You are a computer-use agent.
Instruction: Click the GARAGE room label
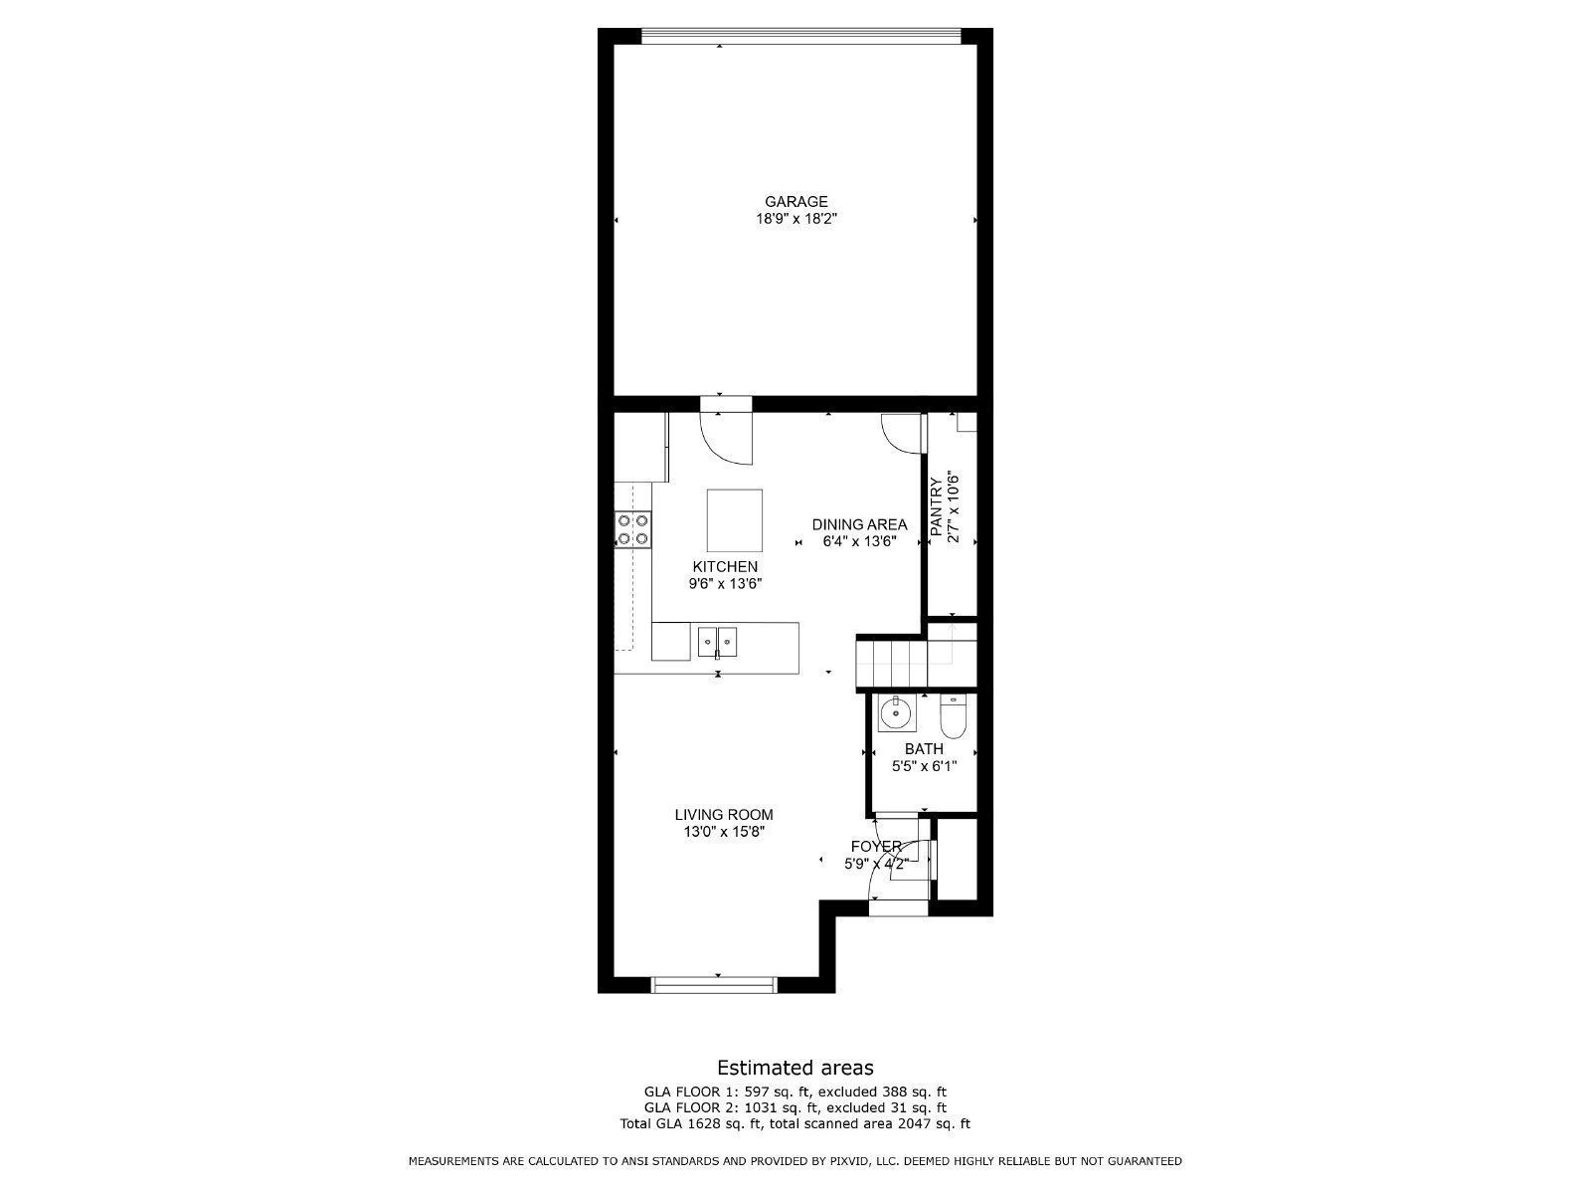click(795, 202)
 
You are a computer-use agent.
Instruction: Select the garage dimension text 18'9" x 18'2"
click(796, 219)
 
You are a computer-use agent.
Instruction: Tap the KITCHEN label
click(725, 567)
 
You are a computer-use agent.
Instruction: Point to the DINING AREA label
click(860, 524)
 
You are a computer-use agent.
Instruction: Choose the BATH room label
click(924, 749)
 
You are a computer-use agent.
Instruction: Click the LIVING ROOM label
click(724, 815)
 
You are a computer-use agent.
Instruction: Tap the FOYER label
click(876, 846)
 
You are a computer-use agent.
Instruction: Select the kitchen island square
click(734, 520)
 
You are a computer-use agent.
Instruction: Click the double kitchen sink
click(718, 643)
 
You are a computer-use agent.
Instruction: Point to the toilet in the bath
click(953, 716)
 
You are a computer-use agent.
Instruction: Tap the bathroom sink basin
click(897, 713)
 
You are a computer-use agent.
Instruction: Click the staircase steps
click(892, 661)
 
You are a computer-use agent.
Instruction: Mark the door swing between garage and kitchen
click(726, 438)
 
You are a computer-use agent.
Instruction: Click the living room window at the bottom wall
click(715, 984)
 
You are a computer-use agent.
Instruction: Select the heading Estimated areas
click(795, 1068)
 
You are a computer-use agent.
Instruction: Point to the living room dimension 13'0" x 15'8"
click(724, 832)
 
